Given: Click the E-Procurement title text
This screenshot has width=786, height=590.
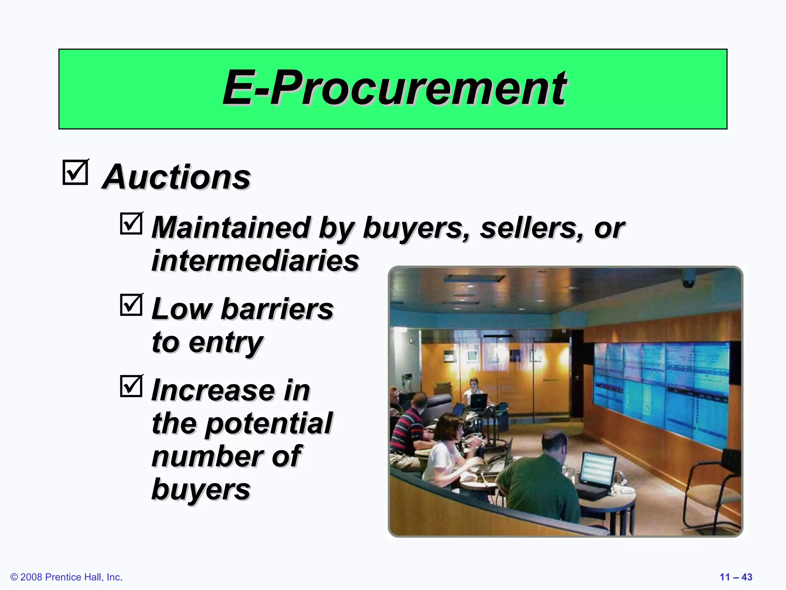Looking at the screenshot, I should pos(394,88).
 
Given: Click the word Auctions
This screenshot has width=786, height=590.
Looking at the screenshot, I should pos(176,177).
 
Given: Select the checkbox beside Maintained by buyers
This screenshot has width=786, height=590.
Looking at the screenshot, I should pos(131,224).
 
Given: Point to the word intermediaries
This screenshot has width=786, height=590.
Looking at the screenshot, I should pos(255,261).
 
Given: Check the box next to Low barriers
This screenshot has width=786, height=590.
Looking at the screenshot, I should pos(131,305).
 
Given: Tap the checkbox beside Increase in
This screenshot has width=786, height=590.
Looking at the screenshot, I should pos(131,386).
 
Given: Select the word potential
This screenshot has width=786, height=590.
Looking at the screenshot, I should pos(269,424).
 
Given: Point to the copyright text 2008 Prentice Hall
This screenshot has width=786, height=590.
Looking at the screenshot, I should pos(66,577).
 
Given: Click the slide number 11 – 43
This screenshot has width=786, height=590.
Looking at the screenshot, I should pos(736,577).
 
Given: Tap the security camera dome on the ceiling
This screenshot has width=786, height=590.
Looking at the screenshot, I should pos(688,282).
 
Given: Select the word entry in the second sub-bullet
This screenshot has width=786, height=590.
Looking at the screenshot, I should pos(226,343).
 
